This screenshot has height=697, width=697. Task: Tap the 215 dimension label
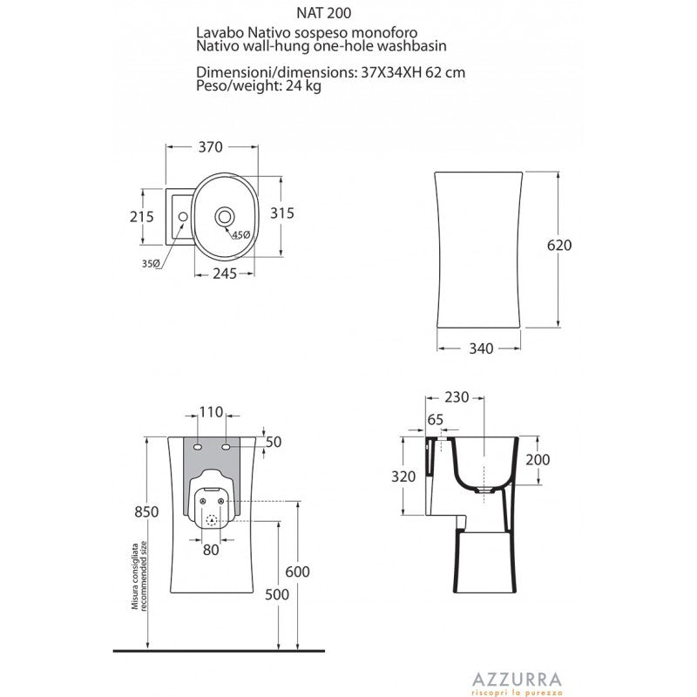coord(141,216)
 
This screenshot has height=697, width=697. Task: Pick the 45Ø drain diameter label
coord(241,234)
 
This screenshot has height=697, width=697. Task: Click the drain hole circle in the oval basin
coord(225,214)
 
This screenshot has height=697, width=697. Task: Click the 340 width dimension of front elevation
coord(482,348)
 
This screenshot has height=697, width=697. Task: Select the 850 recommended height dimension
coord(146,511)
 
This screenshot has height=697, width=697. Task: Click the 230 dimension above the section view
coord(456,397)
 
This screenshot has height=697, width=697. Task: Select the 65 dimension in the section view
coord(436,419)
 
